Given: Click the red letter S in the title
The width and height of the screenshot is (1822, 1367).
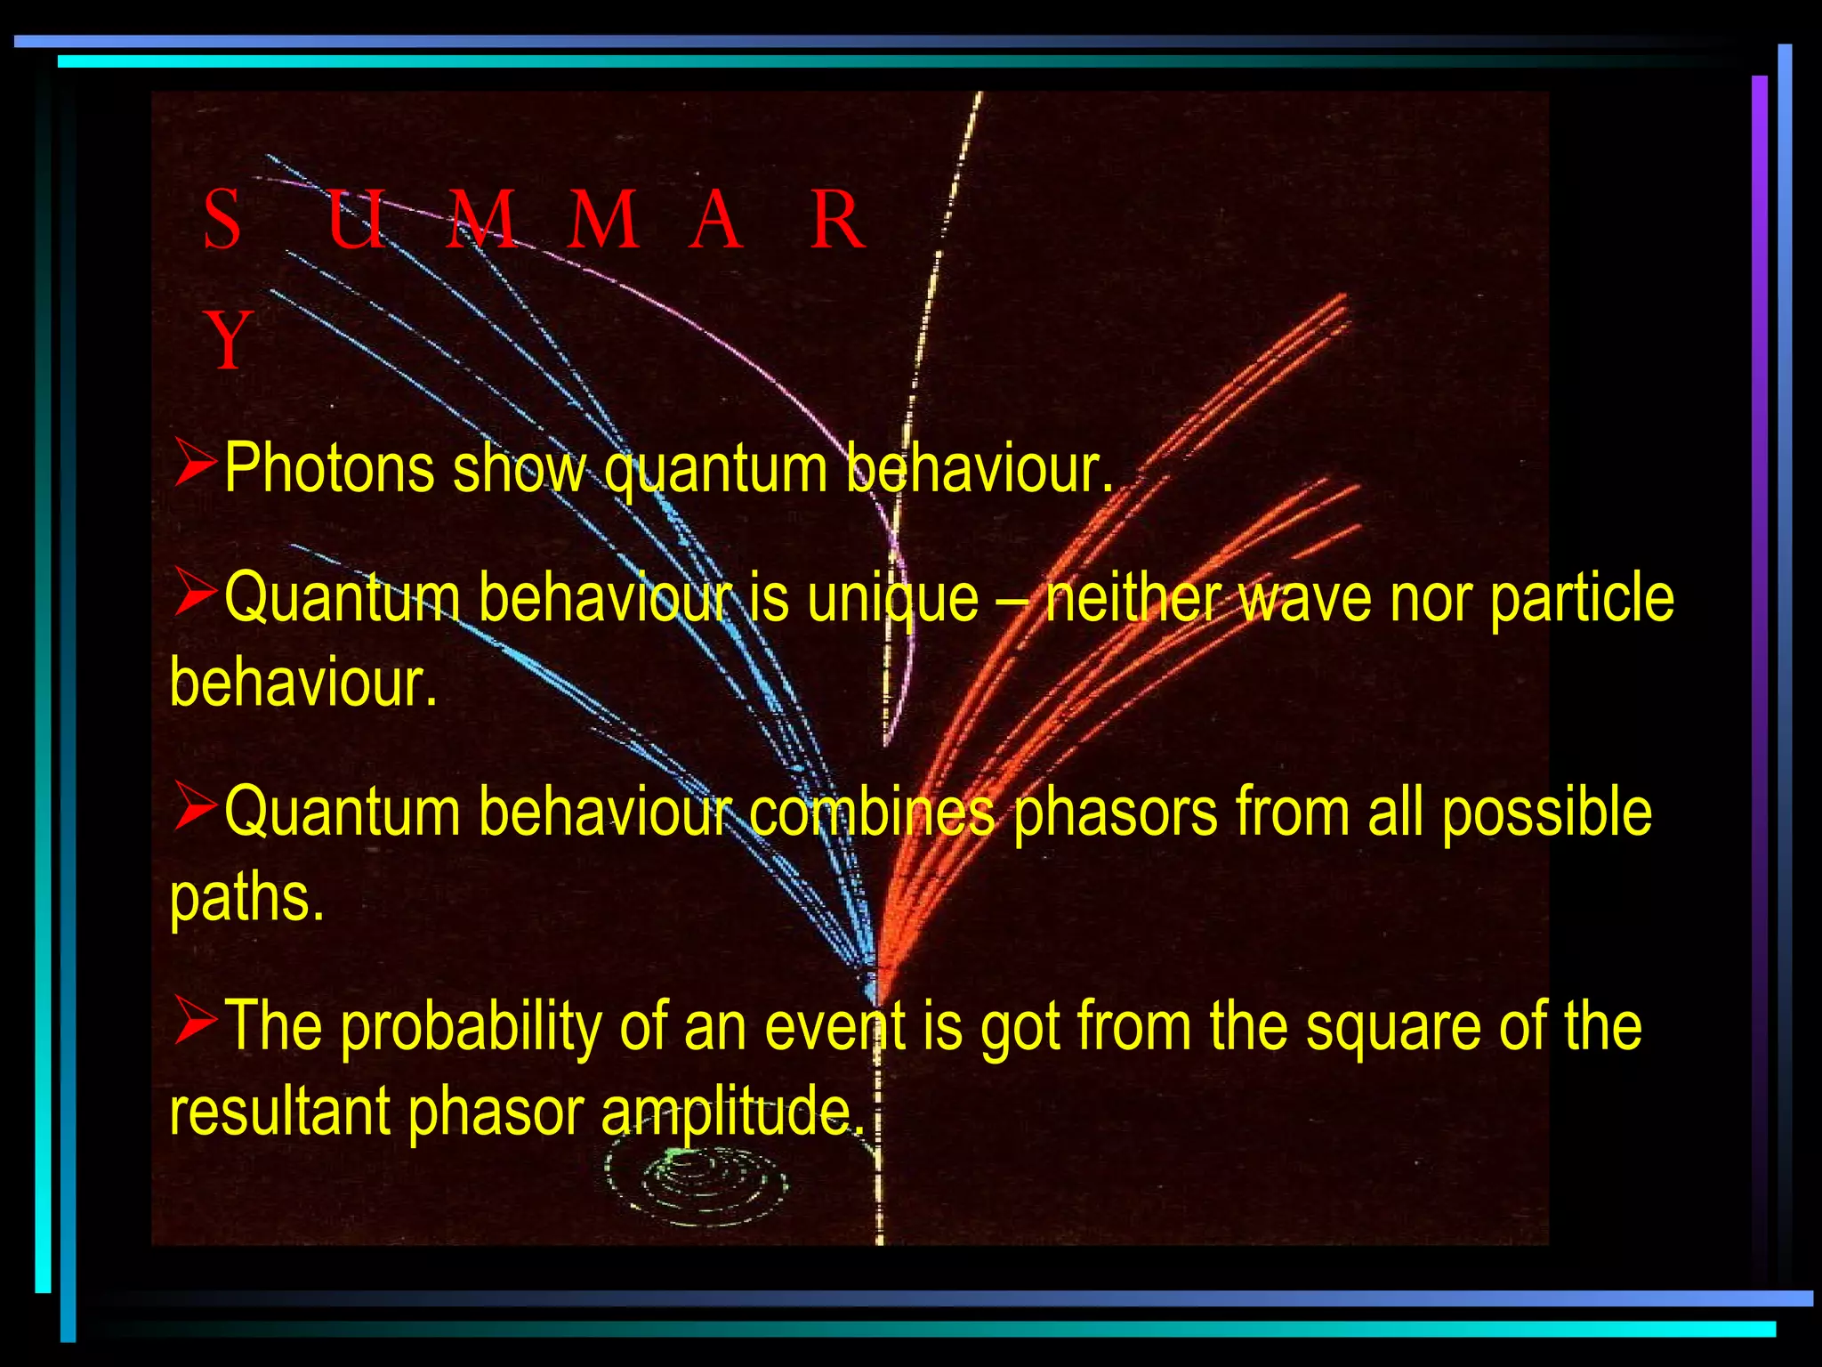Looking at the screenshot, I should [222, 220].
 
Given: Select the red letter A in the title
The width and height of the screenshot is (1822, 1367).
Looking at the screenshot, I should [714, 220].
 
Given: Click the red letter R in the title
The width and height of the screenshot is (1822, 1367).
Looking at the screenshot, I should [836, 220].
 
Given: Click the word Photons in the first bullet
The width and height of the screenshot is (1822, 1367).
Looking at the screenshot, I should [328, 468].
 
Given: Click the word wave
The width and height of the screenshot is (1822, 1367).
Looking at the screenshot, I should [1305, 598].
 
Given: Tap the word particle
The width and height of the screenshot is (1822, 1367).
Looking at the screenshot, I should [1581, 598].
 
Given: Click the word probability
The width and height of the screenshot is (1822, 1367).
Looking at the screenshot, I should [471, 1026].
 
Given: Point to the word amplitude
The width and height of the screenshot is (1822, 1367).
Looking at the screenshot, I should [731, 1112].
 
